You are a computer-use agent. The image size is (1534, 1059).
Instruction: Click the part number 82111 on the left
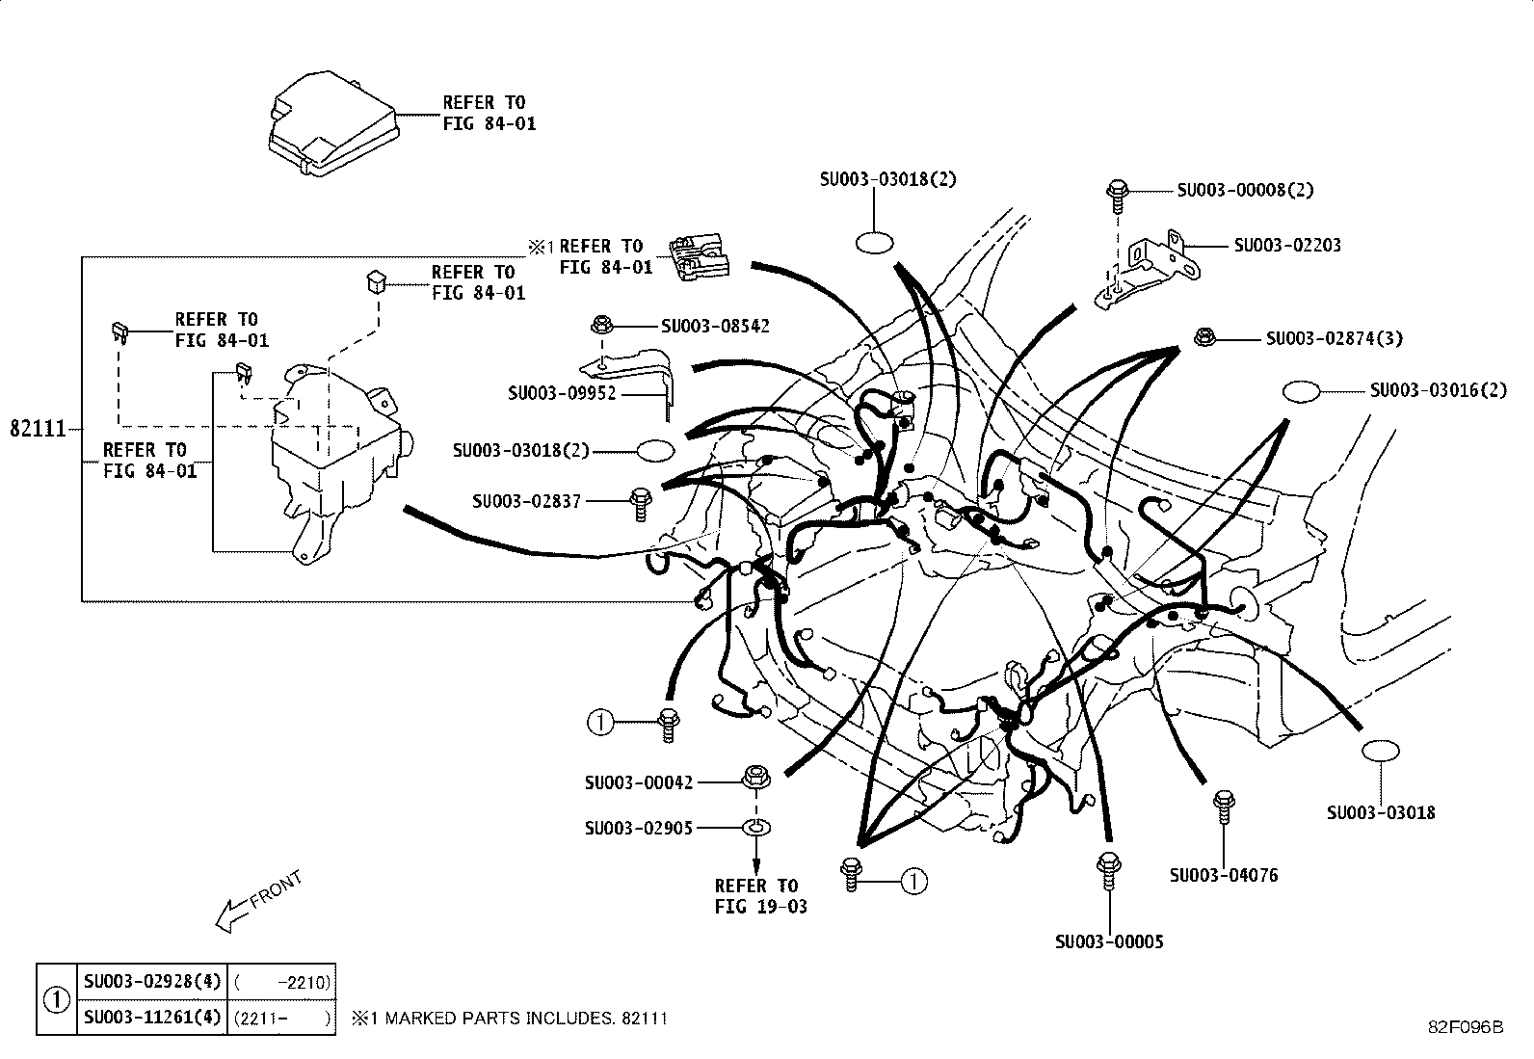tap(38, 429)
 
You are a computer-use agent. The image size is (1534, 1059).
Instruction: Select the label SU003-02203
tap(1286, 246)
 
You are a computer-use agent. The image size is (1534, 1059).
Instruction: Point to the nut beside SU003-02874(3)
tap(1203, 337)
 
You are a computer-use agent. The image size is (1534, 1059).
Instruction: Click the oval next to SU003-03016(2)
tap(1301, 391)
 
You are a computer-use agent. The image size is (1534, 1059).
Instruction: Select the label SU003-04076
tap(1223, 875)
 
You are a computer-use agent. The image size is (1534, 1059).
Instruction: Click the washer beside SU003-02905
tap(756, 827)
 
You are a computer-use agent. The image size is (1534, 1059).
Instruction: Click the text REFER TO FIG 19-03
tap(760, 896)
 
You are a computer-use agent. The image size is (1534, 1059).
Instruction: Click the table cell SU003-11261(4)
tap(151, 1017)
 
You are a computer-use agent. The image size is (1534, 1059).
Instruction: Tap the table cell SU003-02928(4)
tap(151, 982)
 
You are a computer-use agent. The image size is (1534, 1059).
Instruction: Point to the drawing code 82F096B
tap(1465, 1026)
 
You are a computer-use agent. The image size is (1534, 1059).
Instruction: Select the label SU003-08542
tap(714, 327)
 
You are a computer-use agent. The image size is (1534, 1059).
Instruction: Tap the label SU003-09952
tap(561, 393)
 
